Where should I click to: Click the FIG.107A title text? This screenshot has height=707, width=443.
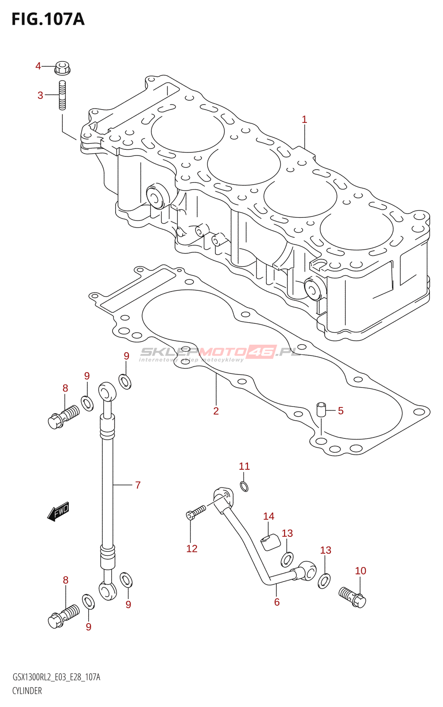pos(48,19)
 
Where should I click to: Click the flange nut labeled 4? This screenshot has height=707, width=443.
pos(62,68)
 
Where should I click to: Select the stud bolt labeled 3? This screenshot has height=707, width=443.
pos(62,95)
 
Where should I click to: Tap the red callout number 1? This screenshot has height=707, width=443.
pos(304,120)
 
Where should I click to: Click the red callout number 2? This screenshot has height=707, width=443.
pos(216,411)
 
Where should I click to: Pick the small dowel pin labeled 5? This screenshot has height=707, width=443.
pos(321,409)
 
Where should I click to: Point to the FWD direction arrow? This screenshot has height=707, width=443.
pos(58,511)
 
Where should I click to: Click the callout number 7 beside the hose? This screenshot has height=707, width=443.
pos(138,485)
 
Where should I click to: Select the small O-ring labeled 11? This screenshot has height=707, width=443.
pos(244,487)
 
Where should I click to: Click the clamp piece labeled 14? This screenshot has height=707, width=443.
pos(270,542)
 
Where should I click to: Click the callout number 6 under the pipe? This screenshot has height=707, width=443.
pos(277,602)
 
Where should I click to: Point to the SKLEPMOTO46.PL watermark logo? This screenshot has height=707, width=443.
pos(220,353)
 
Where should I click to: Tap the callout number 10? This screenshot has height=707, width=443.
pos(360,570)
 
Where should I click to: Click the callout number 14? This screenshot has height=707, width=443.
pos(268,517)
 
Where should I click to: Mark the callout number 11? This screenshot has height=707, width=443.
pos(244,466)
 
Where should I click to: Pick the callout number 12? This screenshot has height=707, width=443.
pos(191,548)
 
